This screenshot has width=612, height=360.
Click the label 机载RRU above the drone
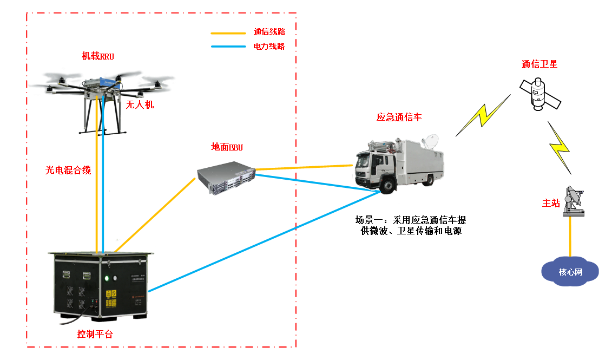[x=98, y=56]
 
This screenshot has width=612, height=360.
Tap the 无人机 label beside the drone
[x=140, y=104]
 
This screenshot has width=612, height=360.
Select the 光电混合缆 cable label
[x=68, y=171]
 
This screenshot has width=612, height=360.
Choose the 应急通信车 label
[x=398, y=117]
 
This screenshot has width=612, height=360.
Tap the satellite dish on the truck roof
[x=431, y=141]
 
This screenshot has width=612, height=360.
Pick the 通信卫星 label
[x=539, y=64]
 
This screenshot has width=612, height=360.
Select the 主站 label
[x=551, y=203]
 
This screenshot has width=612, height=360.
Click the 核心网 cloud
[x=570, y=271]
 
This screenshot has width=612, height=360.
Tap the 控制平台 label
[x=95, y=334]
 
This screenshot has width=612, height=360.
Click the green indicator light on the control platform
[x=107, y=279]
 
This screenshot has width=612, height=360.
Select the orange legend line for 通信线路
[x=228, y=32]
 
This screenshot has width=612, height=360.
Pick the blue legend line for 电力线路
[x=228, y=47]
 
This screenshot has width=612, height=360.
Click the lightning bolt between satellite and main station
[x=560, y=147]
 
